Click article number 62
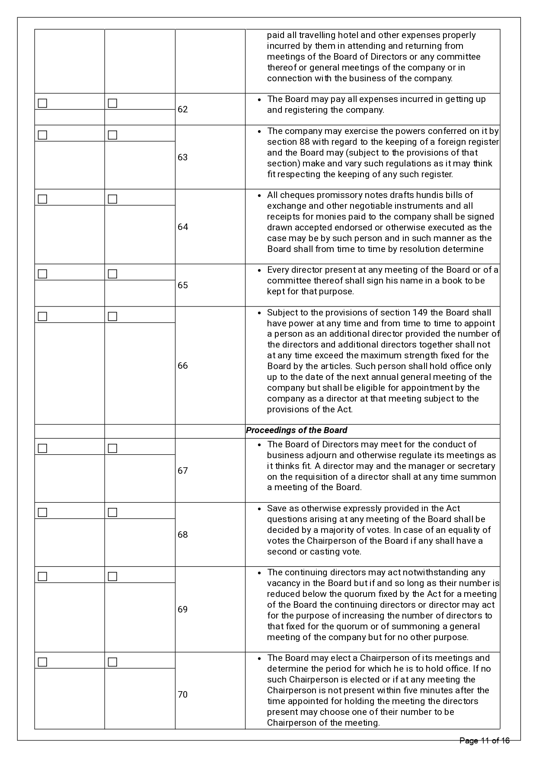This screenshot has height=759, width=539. (182, 109)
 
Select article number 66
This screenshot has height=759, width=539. (182, 366)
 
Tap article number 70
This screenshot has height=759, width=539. (182, 695)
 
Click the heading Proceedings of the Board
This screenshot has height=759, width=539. (297, 431)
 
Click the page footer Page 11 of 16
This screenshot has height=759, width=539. (484, 741)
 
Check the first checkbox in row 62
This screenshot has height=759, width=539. (42, 103)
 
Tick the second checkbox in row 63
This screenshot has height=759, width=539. (112, 135)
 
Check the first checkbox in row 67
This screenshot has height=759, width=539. (42, 449)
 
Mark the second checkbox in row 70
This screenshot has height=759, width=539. (112, 662)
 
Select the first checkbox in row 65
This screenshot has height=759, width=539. (42, 274)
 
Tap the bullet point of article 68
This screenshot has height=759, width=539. (259, 509)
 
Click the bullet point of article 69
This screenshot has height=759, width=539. (259, 573)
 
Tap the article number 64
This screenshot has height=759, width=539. (182, 227)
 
